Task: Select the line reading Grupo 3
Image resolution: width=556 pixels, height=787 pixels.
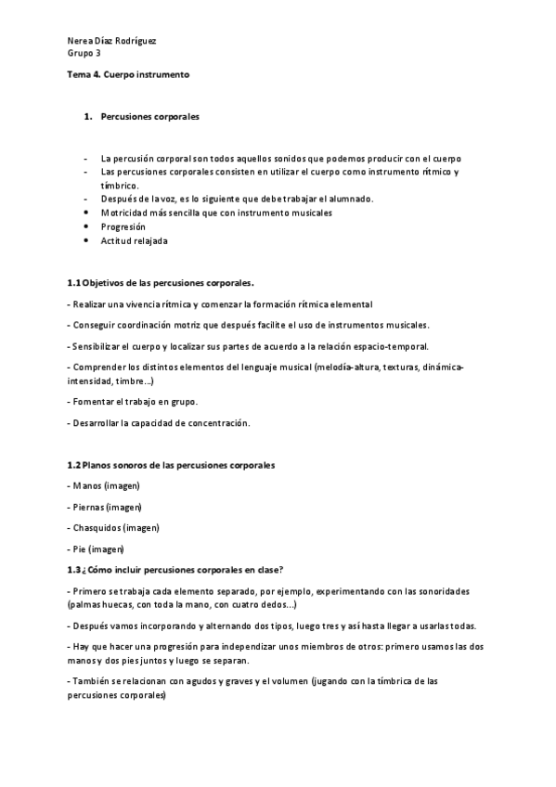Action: pyautogui.click(x=85, y=55)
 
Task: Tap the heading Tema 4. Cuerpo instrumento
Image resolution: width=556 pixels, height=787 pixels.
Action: pyautogui.click(x=128, y=73)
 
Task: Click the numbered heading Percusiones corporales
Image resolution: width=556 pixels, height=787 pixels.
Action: pyautogui.click(x=149, y=118)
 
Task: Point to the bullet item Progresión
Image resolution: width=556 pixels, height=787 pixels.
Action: pyautogui.click(x=123, y=226)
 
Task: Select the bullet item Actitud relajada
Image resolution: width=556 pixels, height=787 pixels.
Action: pyautogui.click(x=135, y=241)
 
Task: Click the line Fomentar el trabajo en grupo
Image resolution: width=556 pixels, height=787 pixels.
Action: pyautogui.click(x=133, y=401)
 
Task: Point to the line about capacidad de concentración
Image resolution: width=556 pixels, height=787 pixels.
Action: pyautogui.click(x=159, y=423)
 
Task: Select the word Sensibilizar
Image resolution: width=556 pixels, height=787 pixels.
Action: pyautogui.click(x=99, y=346)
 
